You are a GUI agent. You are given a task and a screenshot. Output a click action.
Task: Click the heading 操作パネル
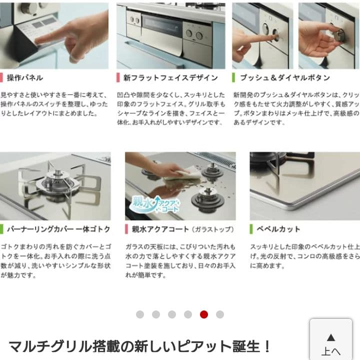tap(24, 77)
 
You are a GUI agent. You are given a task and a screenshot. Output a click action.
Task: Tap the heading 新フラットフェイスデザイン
tap(170, 77)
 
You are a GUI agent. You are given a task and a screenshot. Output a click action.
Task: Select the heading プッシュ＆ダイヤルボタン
tap(285, 77)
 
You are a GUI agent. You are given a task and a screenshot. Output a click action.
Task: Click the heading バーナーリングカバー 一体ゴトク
tap(58, 229)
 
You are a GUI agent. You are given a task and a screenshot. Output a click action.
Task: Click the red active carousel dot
tap(204, 314)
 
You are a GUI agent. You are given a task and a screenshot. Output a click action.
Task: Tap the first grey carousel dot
tap(140, 314)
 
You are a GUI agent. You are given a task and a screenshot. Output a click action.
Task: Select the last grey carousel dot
tap(220, 314)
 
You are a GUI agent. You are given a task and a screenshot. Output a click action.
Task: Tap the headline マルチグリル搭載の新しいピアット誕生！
tap(140, 346)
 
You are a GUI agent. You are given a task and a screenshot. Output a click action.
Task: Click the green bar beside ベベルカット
tap(251, 229)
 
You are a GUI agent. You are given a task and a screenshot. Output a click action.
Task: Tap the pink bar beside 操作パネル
tap(1, 77)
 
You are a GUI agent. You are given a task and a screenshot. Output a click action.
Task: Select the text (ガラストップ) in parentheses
tap(212, 229)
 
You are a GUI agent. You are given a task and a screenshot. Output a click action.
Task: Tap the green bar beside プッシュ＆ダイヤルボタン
tap(233, 77)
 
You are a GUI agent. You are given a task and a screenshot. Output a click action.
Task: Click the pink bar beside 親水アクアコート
tap(126, 229)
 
